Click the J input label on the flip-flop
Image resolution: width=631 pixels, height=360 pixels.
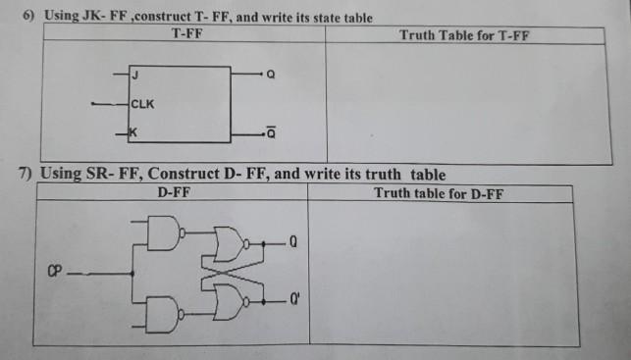tap(135, 75)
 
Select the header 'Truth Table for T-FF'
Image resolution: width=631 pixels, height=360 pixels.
tap(464, 34)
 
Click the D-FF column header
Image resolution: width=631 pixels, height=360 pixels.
tap(173, 193)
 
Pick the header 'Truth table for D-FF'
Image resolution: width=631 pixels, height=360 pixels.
tap(439, 193)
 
